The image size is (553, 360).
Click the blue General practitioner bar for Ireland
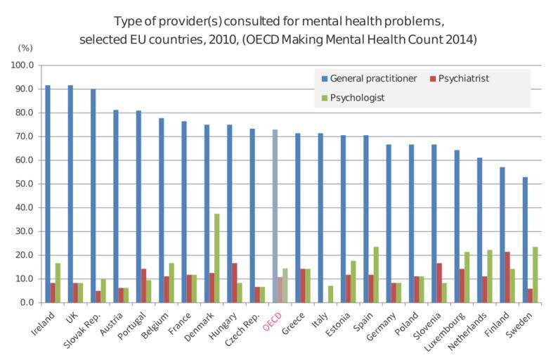pyautogui.click(x=47, y=193)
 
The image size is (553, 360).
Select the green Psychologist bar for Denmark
pyautogui.click(x=217, y=257)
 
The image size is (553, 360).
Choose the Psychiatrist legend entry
pyautogui.click(x=460, y=78)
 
